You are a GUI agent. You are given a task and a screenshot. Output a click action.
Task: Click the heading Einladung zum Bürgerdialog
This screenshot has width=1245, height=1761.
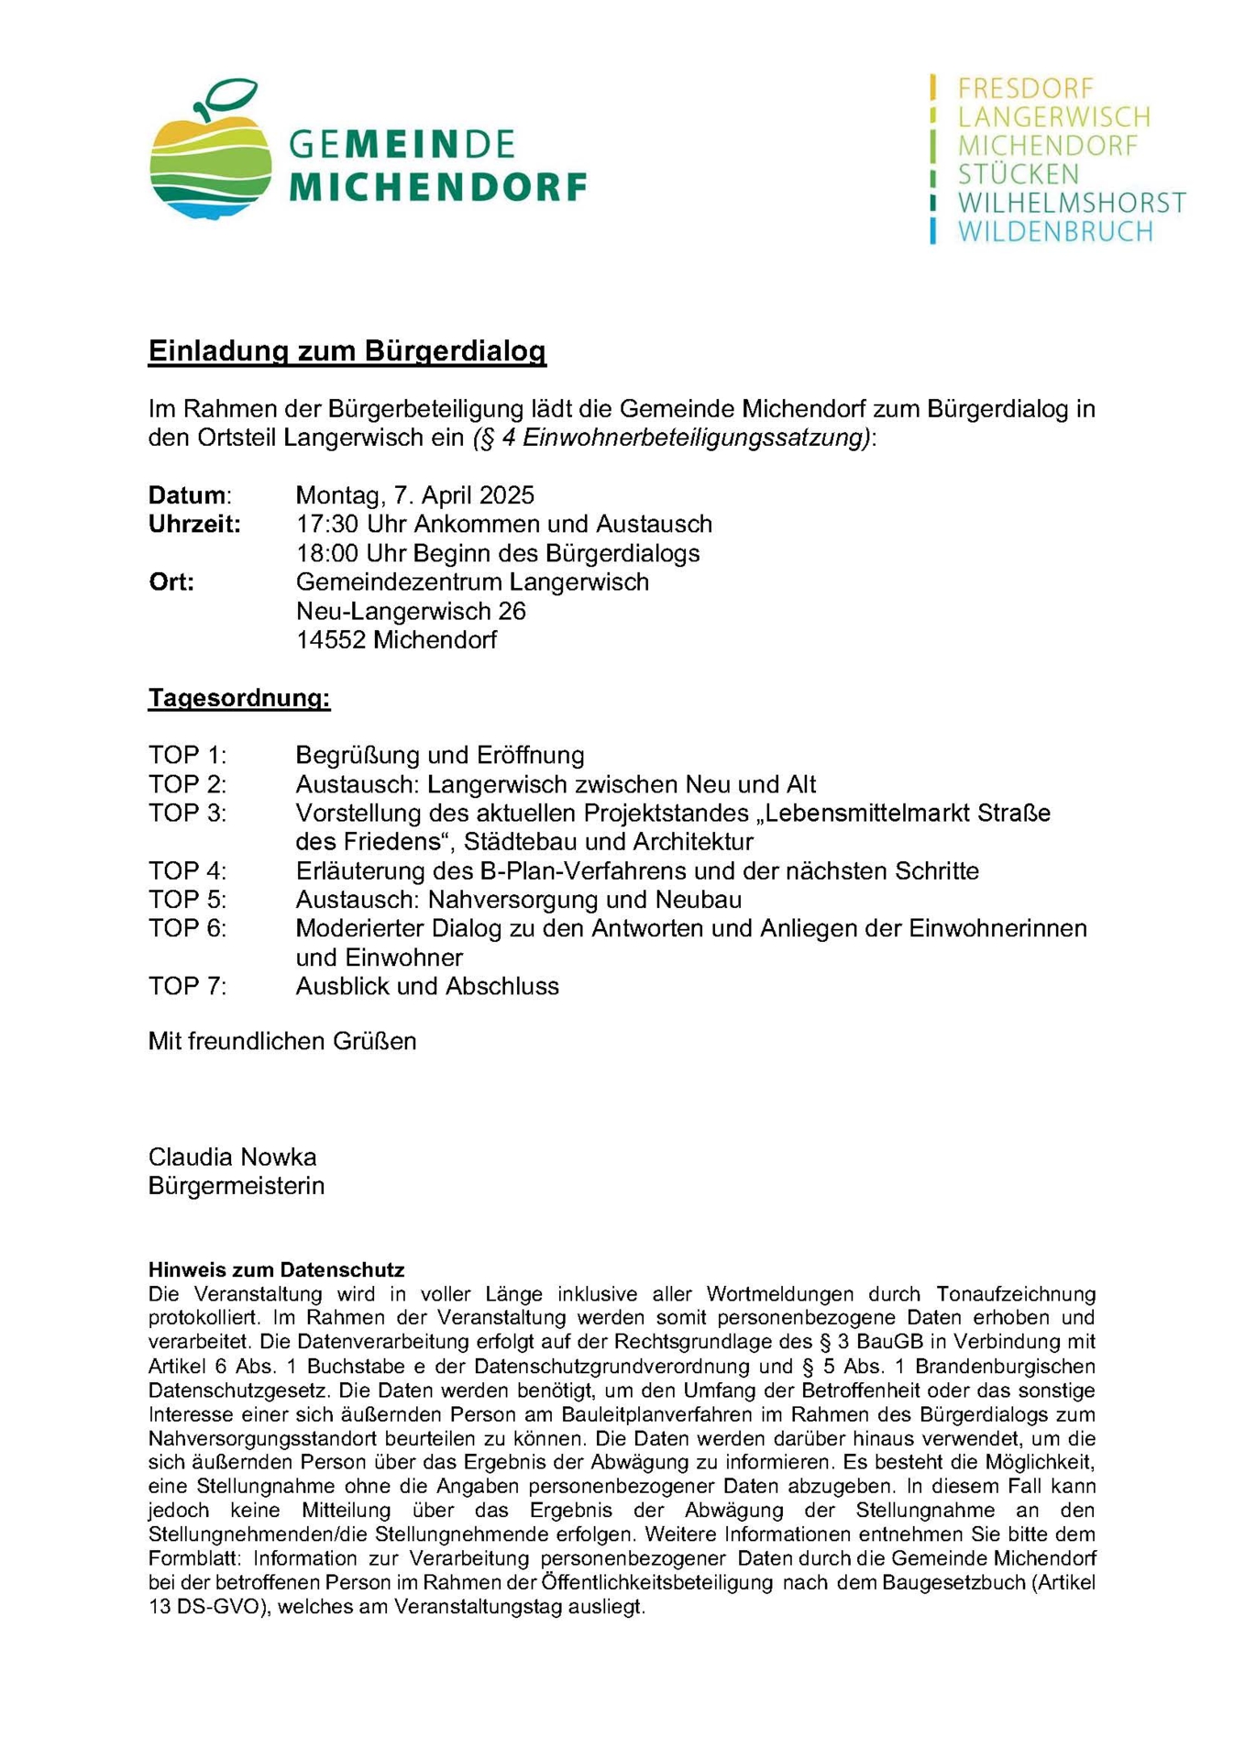point(347,351)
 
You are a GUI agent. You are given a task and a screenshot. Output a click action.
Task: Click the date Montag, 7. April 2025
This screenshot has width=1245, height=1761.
point(414,495)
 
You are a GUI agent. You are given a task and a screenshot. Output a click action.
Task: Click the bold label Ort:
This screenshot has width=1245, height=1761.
point(171,582)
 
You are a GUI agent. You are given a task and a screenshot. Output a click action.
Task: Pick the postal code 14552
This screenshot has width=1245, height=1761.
point(330,640)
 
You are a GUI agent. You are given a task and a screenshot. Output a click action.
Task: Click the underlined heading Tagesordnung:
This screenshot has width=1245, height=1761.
point(238,698)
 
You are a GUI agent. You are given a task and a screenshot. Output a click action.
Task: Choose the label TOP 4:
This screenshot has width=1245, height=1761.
point(187,870)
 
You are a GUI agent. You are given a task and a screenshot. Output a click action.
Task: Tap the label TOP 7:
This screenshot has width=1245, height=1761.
point(187,986)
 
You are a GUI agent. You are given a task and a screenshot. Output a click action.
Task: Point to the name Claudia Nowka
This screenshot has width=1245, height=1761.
point(232,1157)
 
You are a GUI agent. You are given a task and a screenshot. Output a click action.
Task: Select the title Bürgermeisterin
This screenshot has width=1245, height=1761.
point(236,1186)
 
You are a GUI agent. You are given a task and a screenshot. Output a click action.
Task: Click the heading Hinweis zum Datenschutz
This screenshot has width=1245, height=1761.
point(276,1270)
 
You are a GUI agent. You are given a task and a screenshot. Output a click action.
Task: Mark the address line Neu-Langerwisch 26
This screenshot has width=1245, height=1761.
point(411,611)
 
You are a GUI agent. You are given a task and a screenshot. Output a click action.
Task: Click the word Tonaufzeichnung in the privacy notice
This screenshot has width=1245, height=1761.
point(1015,1294)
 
